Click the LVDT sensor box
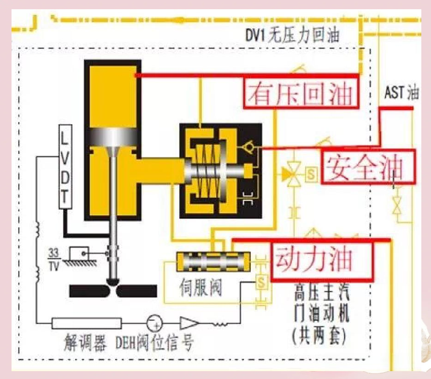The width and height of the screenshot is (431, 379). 65,167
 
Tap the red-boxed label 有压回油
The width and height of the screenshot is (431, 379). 301,93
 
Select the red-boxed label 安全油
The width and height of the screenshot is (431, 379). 368,167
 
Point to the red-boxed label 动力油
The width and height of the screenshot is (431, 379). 322,260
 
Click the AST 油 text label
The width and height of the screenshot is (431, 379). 401,92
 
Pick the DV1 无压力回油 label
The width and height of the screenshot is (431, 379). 292,36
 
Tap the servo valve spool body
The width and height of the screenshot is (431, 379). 213,261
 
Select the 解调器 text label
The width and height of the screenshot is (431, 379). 85,343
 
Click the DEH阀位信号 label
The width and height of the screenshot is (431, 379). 154,343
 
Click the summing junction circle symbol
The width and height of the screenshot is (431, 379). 154,323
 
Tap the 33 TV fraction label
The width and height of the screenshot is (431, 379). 53,259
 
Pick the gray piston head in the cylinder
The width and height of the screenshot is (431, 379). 113,137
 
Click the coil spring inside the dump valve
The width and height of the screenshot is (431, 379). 207,171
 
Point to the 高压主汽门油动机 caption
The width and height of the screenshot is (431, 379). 321,304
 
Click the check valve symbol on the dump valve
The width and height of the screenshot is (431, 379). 249,147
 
